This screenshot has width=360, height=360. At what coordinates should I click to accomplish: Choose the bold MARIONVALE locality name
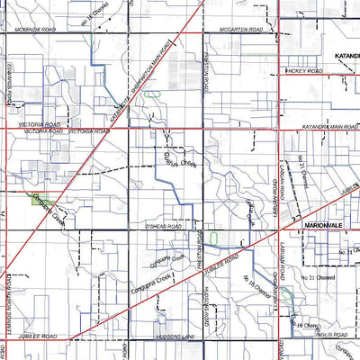tap(325, 221)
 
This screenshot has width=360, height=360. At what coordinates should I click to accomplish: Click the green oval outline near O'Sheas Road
tap(215, 238)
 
